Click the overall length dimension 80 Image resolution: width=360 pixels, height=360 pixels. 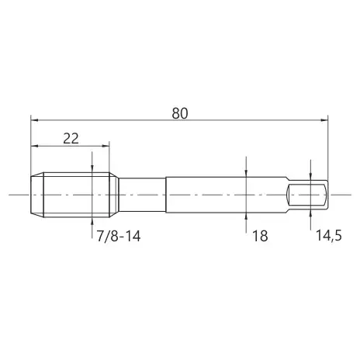pos(180,113)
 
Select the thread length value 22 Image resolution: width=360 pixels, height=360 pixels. pos(71,139)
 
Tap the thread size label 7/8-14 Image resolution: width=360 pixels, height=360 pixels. pos(119,236)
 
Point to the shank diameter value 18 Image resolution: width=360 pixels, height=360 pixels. pos(260,236)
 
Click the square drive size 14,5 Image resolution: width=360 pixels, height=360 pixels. pos(329,236)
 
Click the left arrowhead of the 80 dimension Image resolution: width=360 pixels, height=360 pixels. pos(34,120)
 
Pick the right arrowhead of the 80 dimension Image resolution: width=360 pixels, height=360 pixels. pos(324,120)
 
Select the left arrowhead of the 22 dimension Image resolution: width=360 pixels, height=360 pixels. pos(34,146)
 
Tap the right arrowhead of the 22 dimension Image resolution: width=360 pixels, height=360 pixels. pos(106,146)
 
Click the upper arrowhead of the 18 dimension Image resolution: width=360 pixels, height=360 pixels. pos(246,173)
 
